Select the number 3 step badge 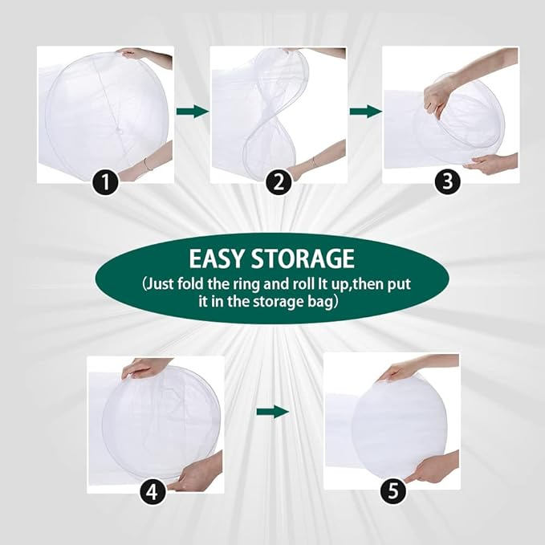coord(448,181)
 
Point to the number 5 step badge coord(392,490)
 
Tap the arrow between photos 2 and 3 coord(364,111)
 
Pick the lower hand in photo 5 coord(431,468)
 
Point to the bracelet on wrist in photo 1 coord(146,162)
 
